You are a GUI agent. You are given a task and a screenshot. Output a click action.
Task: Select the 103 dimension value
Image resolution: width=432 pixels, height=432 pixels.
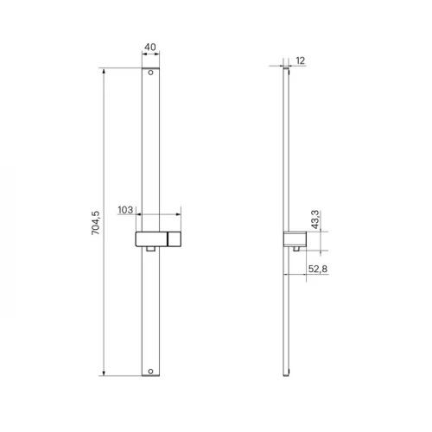click(124, 210)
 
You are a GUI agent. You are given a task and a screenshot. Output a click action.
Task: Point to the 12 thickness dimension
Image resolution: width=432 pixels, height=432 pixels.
click(300, 60)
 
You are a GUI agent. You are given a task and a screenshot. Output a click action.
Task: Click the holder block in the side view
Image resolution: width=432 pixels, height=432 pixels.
click(295, 239)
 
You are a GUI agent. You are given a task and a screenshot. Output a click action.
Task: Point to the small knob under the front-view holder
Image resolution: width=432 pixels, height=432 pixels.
click(151, 251)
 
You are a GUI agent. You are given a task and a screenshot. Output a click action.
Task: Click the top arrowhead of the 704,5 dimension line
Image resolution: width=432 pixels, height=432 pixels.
click(105, 71)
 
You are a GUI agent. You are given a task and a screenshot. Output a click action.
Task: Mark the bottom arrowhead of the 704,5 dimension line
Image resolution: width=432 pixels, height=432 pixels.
click(105, 374)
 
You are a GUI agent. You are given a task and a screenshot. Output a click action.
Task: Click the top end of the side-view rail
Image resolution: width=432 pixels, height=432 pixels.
click(286, 69)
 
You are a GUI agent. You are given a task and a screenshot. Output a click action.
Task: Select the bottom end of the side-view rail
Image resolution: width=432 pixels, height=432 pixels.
click(286, 375)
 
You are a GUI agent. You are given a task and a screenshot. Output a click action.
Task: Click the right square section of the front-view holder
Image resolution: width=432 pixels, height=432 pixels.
click(174, 239)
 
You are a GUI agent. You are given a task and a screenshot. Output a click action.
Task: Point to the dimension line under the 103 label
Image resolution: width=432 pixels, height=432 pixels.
click(159, 215)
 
